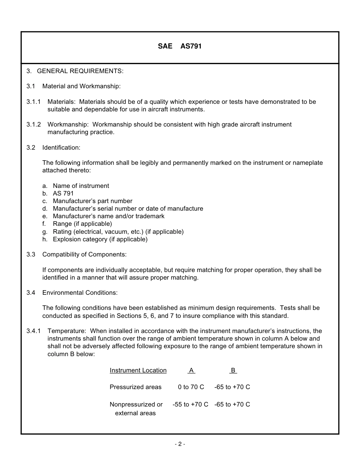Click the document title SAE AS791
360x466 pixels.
click(180, 46)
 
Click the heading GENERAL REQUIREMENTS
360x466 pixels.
click(80, 71)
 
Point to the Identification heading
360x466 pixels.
click(61, 147)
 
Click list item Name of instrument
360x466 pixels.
click(81, 186)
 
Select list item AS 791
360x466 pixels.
click(63, 193)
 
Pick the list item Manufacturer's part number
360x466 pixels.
click(92, 201)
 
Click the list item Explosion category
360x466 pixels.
click(100, 239)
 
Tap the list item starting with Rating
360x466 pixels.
click(118, 231)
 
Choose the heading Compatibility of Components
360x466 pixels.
click(84, 254)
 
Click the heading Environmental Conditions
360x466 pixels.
click(80, 292)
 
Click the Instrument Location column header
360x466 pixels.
click(138, 370)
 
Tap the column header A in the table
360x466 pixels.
click(191, 370)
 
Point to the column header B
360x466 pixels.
click(233, 370)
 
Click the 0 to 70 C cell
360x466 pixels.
click(191, 387)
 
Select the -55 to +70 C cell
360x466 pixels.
click(190, 404)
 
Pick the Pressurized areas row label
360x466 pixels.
click(135, 387)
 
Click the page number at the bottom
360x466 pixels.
click(180, 444)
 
